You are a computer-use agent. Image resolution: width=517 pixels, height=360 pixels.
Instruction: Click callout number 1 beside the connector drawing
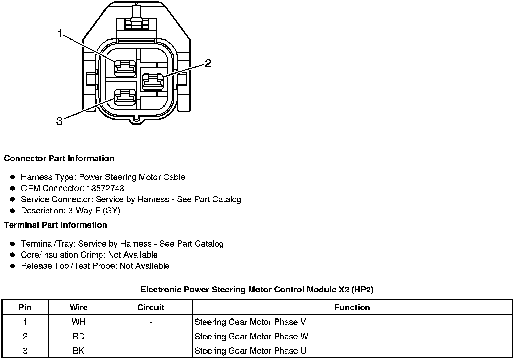point(60,34)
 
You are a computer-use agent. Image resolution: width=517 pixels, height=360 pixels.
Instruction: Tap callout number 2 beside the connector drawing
point(208,63)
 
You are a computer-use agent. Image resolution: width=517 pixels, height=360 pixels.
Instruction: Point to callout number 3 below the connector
point(60,121)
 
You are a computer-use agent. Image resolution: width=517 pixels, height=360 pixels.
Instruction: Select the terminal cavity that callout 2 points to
point(152,82)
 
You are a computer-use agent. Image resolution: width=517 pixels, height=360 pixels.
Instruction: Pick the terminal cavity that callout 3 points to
point(125,97)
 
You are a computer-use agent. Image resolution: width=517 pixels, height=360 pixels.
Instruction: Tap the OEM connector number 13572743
point(105,188)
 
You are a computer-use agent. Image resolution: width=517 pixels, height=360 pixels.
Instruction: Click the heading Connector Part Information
point(59,159)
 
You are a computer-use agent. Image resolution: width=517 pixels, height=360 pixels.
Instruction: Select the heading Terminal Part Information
point(55,225)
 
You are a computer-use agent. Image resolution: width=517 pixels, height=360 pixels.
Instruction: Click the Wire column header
point(79,308)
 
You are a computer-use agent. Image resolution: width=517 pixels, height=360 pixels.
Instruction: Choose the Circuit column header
point(151,308)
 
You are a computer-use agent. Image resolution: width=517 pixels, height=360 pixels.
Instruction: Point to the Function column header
point(352,308)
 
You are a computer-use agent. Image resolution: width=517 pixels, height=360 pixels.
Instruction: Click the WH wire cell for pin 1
point(79,322)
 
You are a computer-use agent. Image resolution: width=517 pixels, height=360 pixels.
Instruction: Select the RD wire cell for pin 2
point(79,337)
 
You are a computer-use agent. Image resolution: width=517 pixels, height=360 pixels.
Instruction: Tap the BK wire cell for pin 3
point(79,351)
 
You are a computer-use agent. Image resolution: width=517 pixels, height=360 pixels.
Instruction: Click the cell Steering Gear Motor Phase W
point(251,337)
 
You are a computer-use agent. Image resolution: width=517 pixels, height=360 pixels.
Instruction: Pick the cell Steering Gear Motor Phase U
point(250,351)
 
